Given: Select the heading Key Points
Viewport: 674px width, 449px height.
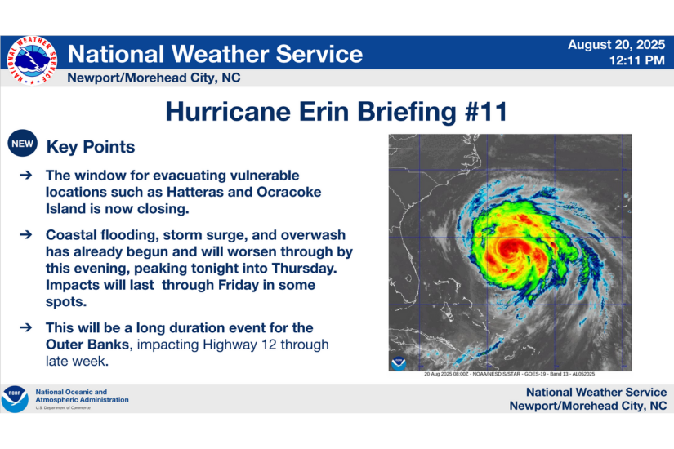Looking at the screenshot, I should pyautogui.click(x=91, y=148).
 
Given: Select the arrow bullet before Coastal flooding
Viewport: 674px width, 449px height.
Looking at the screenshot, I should pyautogui.click(x=26, y=234).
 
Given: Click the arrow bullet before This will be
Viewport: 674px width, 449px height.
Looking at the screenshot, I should pyautogui.click(x=26, y=328).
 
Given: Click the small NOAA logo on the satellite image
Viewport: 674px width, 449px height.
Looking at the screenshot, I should pyautogui.click(x=399, y=362).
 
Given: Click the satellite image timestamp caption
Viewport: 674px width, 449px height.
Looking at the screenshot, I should pyautogui.click(x=510, y=375).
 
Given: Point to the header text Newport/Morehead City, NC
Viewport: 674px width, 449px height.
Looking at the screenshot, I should pyautogui.click(x=154, y=78).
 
